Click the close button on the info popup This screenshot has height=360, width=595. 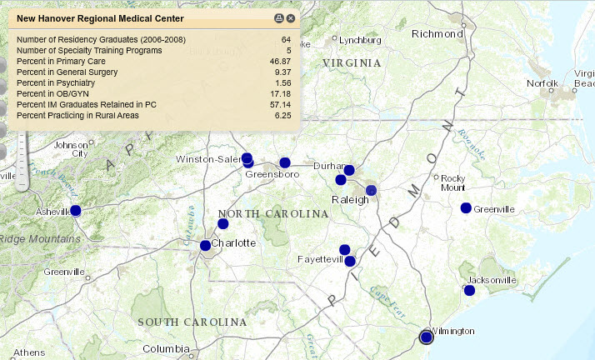[x=291, y=17]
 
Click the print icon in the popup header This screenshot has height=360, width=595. [x=279, y=17]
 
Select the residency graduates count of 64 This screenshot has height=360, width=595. [x=286, y=40]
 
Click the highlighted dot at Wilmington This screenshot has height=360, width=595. [x=427, y=337]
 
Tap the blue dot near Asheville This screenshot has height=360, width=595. [x=76, y=211]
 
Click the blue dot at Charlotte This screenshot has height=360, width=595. [x=205, y=245]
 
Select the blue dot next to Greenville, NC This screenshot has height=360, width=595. [x=466, y=207]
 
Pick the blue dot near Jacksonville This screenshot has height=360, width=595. [x=469, y=290]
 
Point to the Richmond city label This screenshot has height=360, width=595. [x=437, y=34]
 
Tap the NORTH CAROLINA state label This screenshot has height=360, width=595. [x=273, y=214]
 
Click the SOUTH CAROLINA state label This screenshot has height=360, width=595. [x=192, y=322]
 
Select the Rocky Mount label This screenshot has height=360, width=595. [x=452, y=182]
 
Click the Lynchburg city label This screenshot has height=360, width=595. [x=362, y=38]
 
